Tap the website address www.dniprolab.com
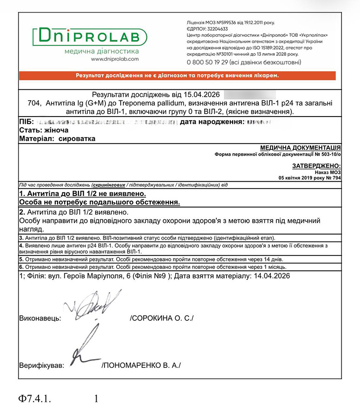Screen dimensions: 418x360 coord(115,59)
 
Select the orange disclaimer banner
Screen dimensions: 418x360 coord(180,75)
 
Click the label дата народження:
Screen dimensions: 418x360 coord(211,122)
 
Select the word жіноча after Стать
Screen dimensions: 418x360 coord(55,130)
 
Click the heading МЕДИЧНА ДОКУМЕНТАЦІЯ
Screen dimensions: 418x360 coord(300,147)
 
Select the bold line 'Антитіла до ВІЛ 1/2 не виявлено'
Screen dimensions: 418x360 coord(83,194)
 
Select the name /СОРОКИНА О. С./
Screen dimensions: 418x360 coord(162,319)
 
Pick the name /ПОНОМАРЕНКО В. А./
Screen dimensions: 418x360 coord(141,365)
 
